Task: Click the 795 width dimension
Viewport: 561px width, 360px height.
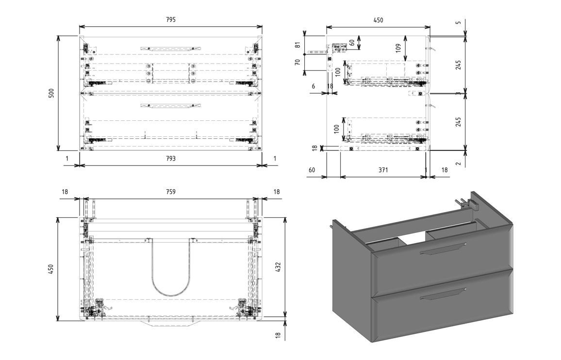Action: pyautogui.click(x=170, y=20)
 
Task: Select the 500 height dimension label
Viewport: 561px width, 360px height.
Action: pyautogui.click(x=51, y=93)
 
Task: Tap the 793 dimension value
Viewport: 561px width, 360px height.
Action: pyautogui.click(x=170, y=158)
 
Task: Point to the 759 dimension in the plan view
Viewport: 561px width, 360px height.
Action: pyautogui.click(x=170, y=192)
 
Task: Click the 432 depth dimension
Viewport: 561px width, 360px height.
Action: pyautogui.click(x=278, y=267)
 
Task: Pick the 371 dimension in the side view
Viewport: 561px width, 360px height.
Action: pyautogui.click(x=383, y=170)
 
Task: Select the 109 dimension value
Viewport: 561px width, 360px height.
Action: pyautogui.click(x=398, y=48)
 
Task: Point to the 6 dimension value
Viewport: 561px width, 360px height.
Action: pyautogui.click(x=313, y=86)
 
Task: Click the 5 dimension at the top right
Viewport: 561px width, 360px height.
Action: pyautogui.click(x=459, y=23)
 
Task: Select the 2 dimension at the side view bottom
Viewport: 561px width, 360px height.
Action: pyautogui.click(x=459, y=164)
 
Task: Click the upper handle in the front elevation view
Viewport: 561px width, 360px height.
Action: pyautogui.click(x=170, y=49)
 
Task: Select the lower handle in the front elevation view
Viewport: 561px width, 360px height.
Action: pyautogui.click(x=170, y=105)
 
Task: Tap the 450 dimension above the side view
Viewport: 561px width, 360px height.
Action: pyautogui.click(x=378, y=20)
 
